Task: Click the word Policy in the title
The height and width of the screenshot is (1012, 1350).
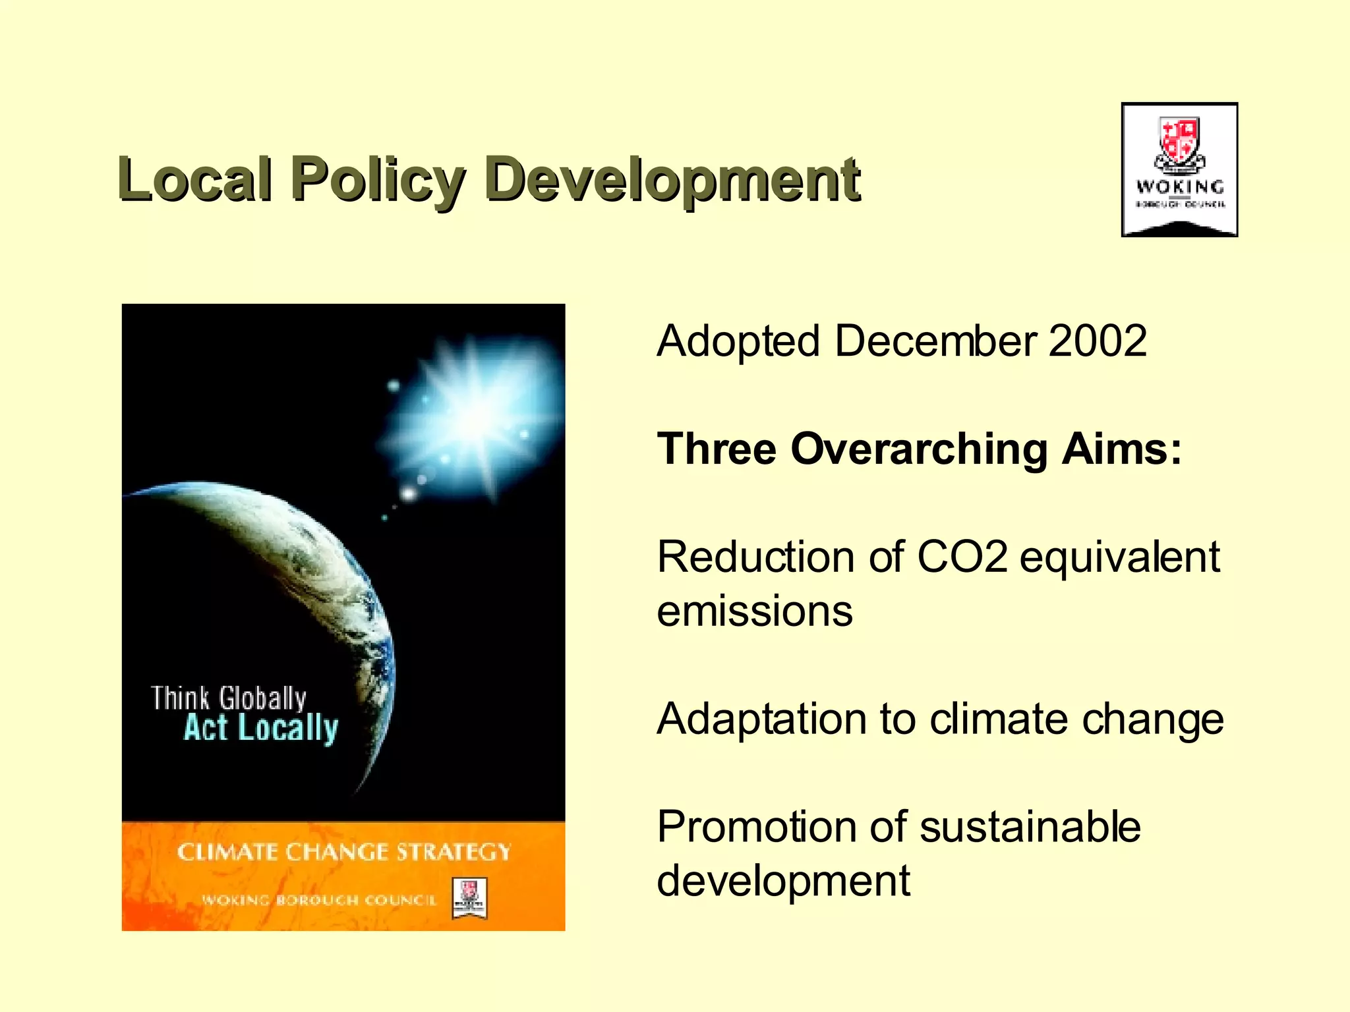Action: [378, 179]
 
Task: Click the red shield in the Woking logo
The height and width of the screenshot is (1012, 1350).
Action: [1179, 140]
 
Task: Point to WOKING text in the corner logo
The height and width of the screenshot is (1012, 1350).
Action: [1180, 187]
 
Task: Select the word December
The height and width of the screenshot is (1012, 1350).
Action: [936, 341]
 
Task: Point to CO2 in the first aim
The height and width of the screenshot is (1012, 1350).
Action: [962, 557]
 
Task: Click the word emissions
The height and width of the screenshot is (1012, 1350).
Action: [755, 611]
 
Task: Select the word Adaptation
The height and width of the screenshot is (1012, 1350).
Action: [762, 719]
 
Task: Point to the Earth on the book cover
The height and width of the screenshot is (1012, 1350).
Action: [297, 593]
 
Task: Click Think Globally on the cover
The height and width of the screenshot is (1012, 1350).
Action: [229, 698]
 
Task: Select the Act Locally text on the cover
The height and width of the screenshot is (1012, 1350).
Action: [261, 729]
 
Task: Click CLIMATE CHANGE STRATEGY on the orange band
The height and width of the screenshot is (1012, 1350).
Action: [343, 852]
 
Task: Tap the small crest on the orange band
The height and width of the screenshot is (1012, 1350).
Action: [469, 898]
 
